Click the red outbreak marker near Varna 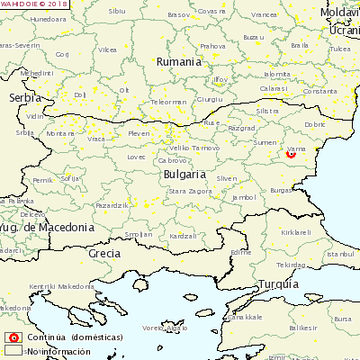pyautogui.click(x=291, y=154)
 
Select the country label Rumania pyautogui.click(x=178, y=61)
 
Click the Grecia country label pyautogui.click(x=105, y=254)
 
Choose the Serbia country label pyautogui.click(x=24, y=97)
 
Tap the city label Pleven pyautogui.click(x=139, y=134)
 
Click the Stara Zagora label pyautogui.click(x=190, y=192)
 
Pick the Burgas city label pyautogui.click(x=282, y=191)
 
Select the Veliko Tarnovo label pyautogui.click(x=193, y=148)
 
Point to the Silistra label pyautogui.click(x=268, y=111)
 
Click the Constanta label pyautogui.click(x=319, y=91)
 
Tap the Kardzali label pyautogui.click(x=183, y=235)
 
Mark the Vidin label pyautogui.click(x=34, y=116)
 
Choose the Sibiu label pyautogui.click(x=117, y=11)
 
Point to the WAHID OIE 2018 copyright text pyautogui.click(x=34, y=4)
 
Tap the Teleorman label pyautogui.click(x=168, y=102)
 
